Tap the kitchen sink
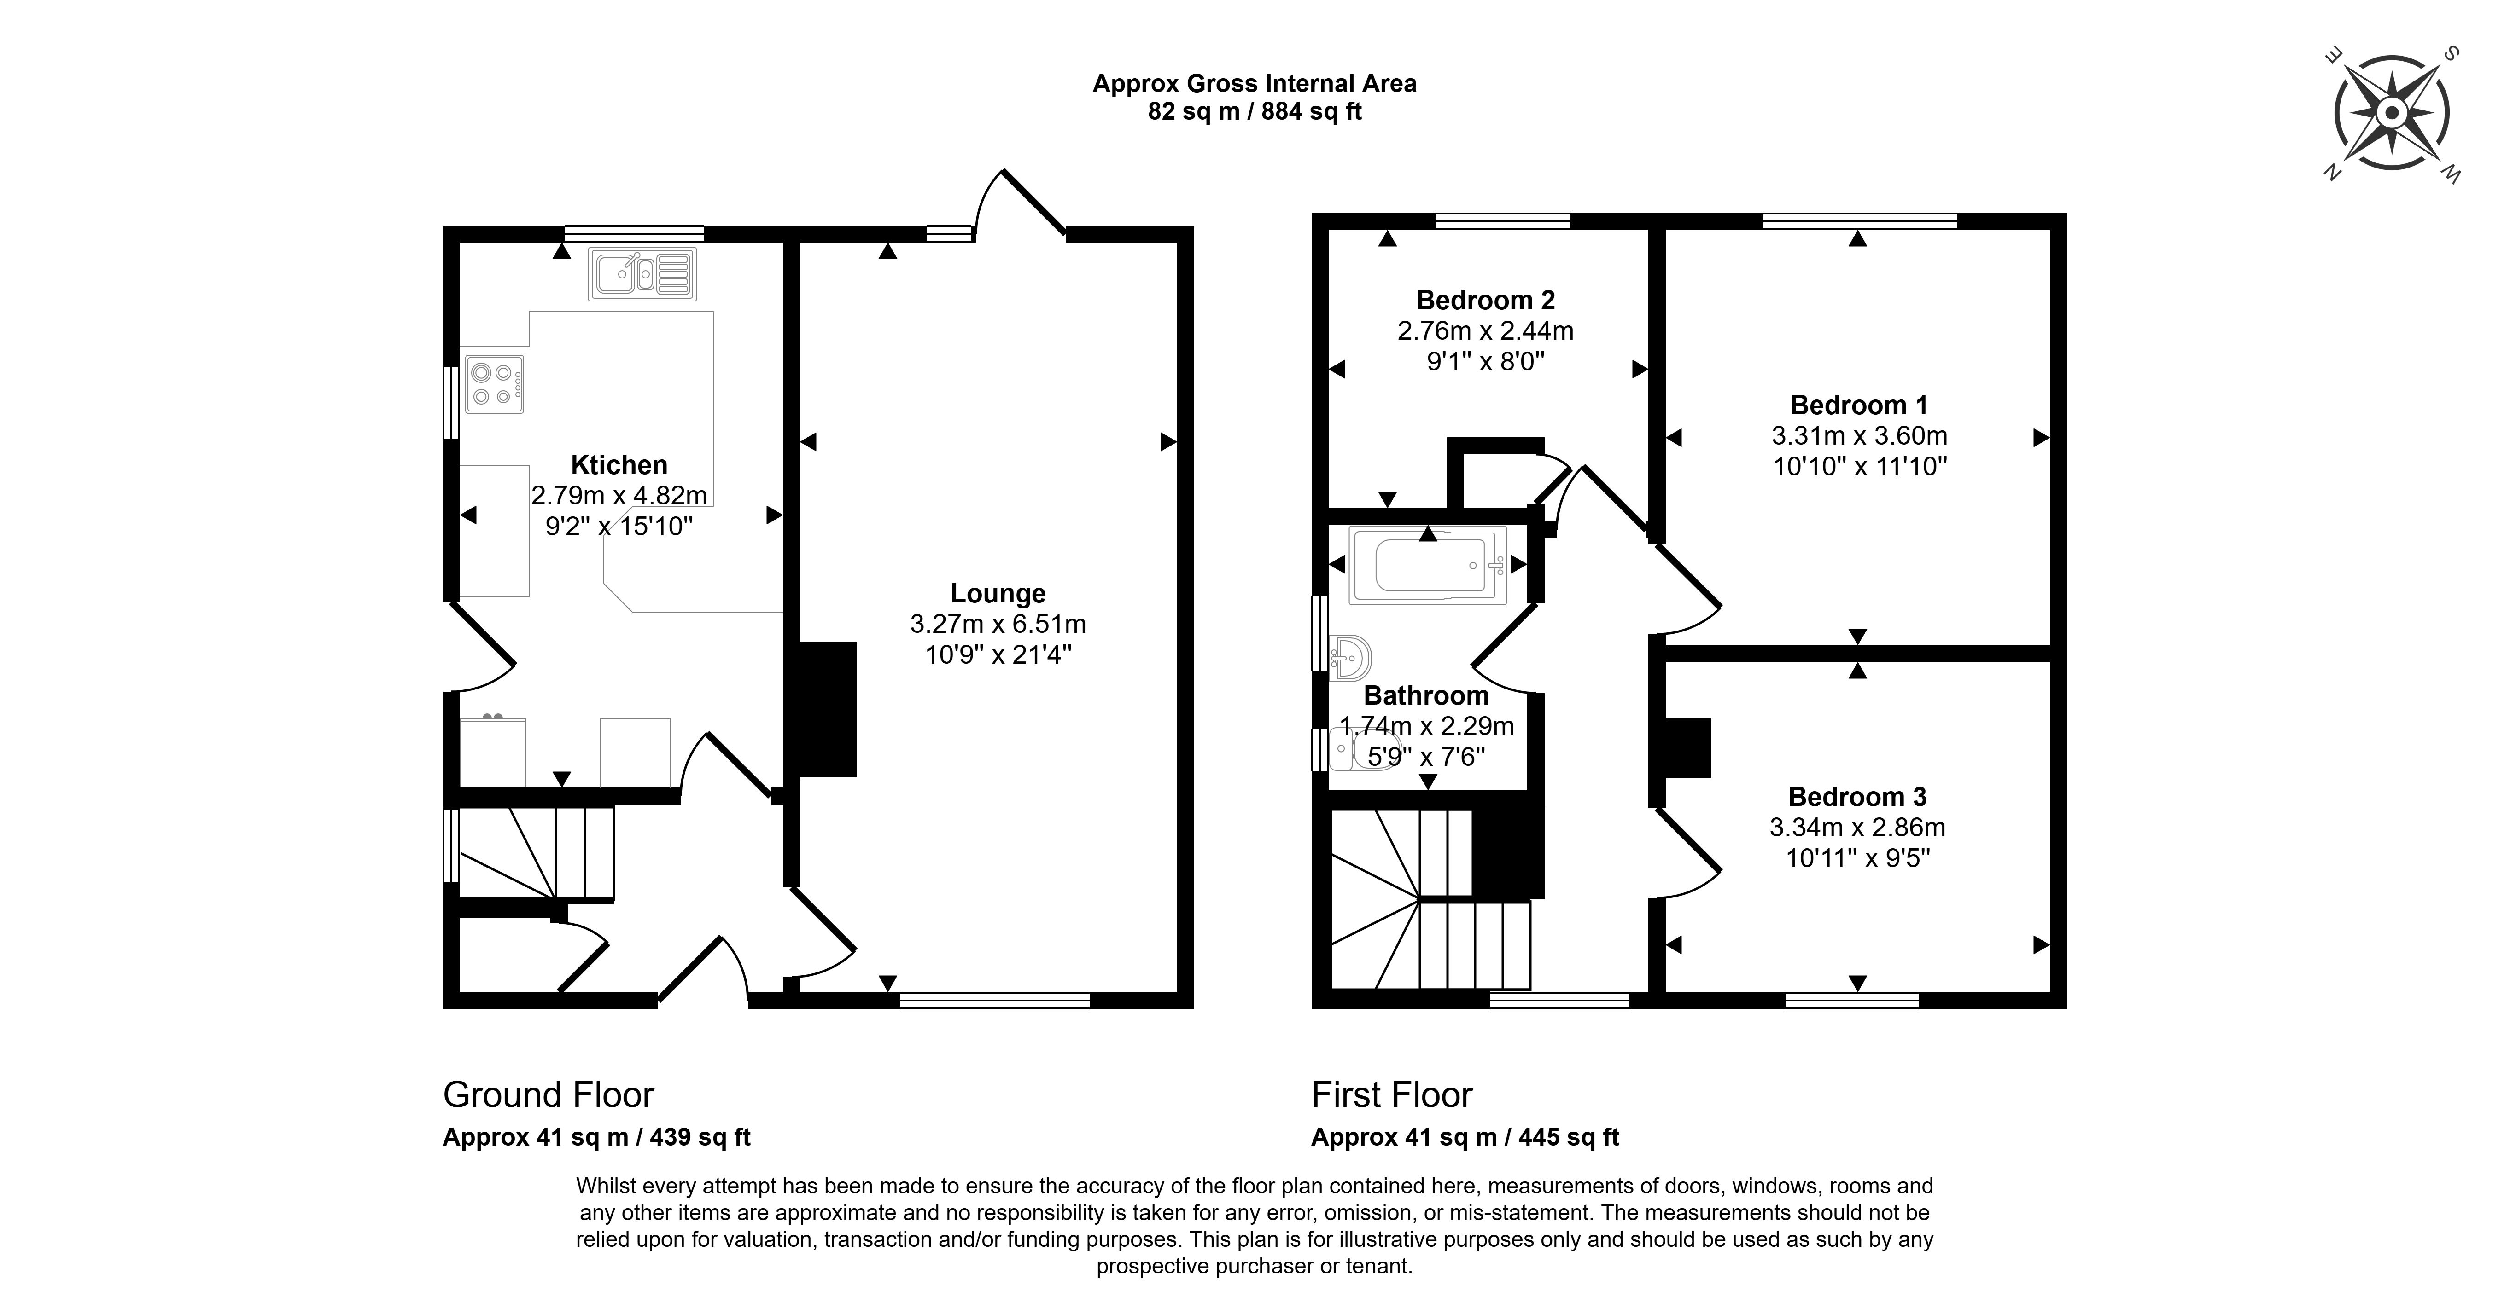[641, 274]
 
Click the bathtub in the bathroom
[1427, 565]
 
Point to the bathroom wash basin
[1349, 659]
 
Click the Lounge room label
[998, 593]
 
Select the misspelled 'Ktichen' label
[619, 465]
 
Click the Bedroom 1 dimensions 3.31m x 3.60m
[1859, 435]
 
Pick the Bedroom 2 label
[1485, 300]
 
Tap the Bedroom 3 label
[1857, 797]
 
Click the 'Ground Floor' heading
[548, 1095]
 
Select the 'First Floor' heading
[1391, 1095]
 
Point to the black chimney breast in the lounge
[826, 708]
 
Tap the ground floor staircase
[536, 853]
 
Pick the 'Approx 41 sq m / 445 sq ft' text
[1465, 1137]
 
